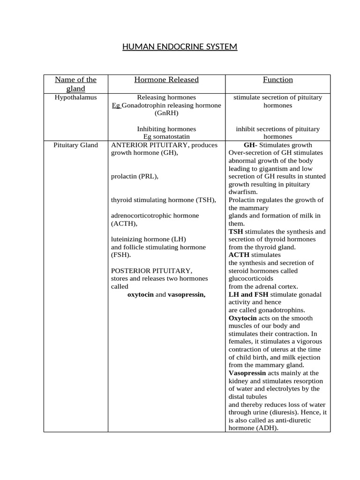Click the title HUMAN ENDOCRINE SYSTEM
click(180, 47)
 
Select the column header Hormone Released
click(166, 80)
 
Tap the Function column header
click(277, 80)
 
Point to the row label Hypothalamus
click(75, 97)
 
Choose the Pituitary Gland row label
click(75, 145)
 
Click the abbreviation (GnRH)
click(166, 113)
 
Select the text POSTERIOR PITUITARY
click(151, 271)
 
